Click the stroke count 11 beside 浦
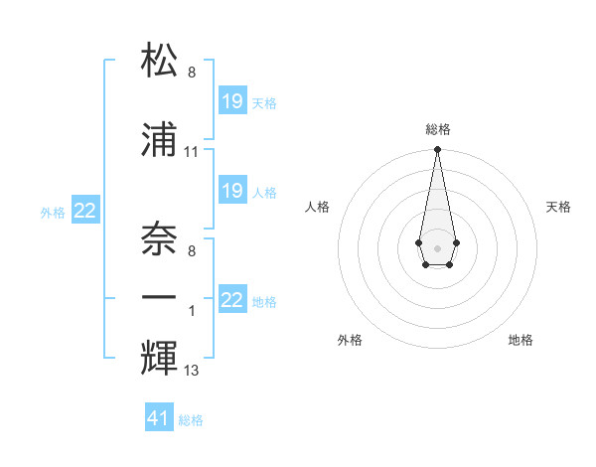pos(192,152)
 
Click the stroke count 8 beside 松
pos(192,73)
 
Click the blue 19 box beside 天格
pos(232,101)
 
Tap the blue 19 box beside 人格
pos(232,190)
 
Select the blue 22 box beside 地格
pos(232,300)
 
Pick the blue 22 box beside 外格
pos(85,211)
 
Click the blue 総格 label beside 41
pos(191,420)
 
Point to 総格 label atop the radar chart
pos(438,129)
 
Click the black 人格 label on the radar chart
pos(318,207)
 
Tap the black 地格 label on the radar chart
pos(521,340)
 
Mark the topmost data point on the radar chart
pos(437,150)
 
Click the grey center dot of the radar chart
pos(437,246)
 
